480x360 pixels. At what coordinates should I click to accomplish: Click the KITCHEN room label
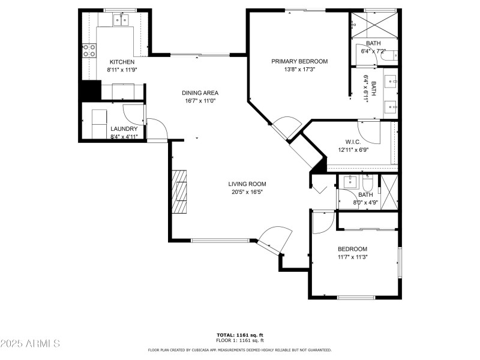pyautogui.click(x=122, y=62)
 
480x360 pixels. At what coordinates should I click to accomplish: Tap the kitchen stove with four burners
pyautogui.click(x=89, y=51)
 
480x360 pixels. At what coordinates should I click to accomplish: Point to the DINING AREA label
pyautogui.click(x=200, y=93)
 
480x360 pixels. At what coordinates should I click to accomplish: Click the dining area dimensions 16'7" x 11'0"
pyautogui.click(x=200, y=101)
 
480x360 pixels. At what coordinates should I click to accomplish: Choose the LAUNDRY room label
pyautogui.click(x=124, y=129)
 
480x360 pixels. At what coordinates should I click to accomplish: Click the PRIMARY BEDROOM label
pyautogui.click(x=299, y=61)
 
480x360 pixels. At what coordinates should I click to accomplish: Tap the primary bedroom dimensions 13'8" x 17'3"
pyautogui.click(x=299, y=69)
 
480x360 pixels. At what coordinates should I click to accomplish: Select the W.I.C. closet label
pyautogui.click(x=353, y=142)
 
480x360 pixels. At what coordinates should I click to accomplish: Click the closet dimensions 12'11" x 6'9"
pyautogui.click(x=353, y=150)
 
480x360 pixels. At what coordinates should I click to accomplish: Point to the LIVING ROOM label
pyautogui.click(x=247, y=184)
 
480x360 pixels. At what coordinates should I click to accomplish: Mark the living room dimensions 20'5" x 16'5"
pyautogui.click(x=247, y=192)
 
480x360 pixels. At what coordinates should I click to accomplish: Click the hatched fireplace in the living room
pyautogui.click(x=180, y=192)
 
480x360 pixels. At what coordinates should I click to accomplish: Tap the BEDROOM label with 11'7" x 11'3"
pyautogui.click(x=352, y=249)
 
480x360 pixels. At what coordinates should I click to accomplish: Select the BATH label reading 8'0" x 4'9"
pyautogui.click(x=365, y=194)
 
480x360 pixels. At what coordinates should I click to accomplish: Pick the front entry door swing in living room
pyautogui.click(x=275, y=236)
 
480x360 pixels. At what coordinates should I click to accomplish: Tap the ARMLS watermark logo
pyautogui.click(x=30, y=344)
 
